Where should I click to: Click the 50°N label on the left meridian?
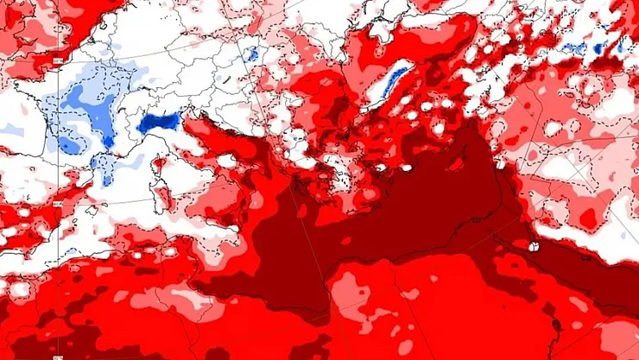click(x=56, y=61)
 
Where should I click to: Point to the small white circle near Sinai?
click(x=533, y=247)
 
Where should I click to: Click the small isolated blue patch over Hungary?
click(x=250, y=54)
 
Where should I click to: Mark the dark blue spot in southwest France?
click(x=108, y=138)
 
